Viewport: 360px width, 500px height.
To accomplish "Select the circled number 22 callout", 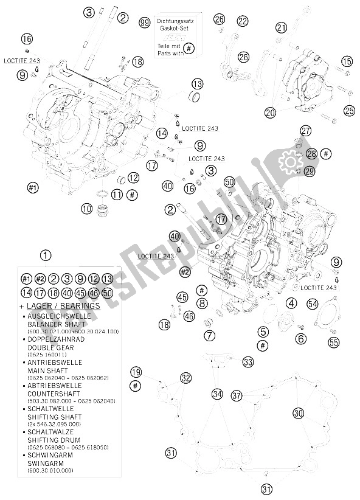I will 243,21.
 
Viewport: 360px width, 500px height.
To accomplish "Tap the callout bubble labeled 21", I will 280,27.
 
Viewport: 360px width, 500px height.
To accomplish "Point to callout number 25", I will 348,110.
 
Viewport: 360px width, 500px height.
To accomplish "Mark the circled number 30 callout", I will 297,413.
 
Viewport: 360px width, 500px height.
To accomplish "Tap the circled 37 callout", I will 237,395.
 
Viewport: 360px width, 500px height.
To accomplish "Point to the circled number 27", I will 305,130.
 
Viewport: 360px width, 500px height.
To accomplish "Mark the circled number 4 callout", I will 291,303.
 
